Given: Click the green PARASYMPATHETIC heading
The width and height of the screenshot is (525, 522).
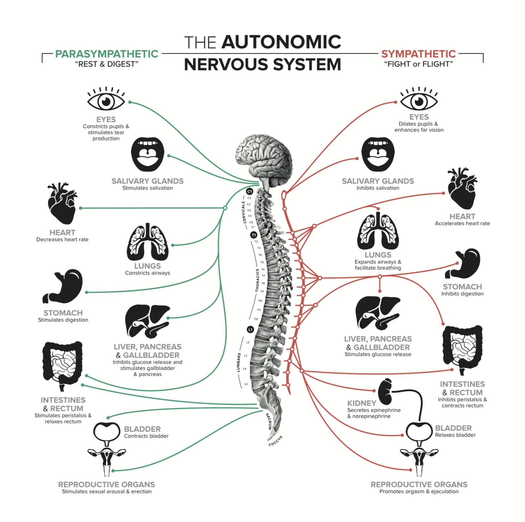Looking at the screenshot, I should pos(106,54).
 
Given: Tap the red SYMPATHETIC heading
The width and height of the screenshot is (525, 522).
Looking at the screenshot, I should pos(418,54).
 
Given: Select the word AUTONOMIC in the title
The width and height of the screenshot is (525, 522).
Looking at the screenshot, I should pos(281,42).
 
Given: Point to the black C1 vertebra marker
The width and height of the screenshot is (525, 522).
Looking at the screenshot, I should pos(250,192).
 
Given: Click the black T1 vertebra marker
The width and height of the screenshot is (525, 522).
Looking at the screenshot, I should pos(254,235).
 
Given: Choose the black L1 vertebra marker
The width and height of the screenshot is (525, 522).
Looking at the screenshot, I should pos(250,329).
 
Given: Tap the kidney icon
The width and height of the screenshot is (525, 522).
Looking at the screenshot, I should pos(385,392).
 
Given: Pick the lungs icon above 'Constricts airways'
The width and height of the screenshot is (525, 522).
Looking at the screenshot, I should pos(148,241).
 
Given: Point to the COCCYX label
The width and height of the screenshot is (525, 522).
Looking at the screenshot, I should pos(275,441).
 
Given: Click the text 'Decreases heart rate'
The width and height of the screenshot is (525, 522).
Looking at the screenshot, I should pos(62,239).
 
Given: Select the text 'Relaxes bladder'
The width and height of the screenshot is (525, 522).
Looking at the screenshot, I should pos(455,435).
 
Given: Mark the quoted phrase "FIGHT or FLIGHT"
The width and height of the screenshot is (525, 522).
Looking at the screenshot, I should pos(418,64).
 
